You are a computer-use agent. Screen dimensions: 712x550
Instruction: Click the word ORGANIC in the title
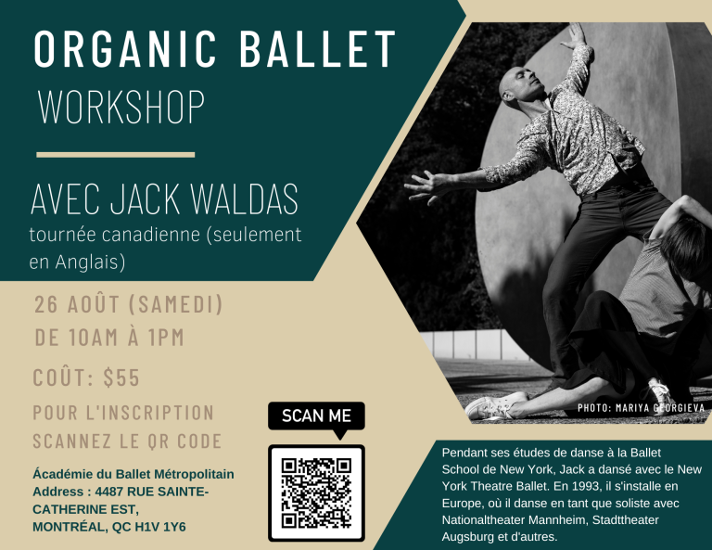point(125,49)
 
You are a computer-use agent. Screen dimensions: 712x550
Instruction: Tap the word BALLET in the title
point(317,49)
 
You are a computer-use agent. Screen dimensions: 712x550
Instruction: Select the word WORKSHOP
point(121,107)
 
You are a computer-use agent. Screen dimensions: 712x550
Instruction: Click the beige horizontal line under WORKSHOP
point(116,155)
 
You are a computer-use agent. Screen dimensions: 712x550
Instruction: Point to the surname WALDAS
point(244,198)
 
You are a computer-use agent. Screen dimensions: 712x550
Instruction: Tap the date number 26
point(46,304)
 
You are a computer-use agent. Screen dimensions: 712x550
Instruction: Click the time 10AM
point(94,338)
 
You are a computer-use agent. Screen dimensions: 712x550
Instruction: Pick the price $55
point(121,377)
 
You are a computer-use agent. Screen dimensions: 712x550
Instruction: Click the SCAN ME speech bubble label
point(316,416)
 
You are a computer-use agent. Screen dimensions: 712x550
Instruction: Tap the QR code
point(316,492)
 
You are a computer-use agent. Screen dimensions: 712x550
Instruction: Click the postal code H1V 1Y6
point(160,527)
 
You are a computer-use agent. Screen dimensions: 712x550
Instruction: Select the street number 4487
point(109,492)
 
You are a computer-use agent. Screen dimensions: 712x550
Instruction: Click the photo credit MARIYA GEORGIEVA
point(660,407)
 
